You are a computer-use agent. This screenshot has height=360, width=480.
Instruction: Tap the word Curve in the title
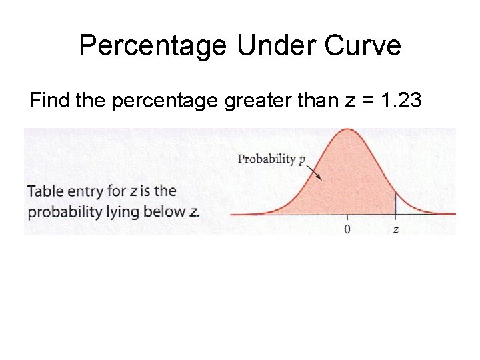click(365, 46)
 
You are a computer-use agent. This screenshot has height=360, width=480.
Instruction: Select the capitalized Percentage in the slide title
click(152, 46)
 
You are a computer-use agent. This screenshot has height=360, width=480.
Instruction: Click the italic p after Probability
click(302, 160)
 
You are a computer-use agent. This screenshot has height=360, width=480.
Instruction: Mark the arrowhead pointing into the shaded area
click(319, 177)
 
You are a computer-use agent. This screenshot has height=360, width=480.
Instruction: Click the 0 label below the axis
click(347, 229)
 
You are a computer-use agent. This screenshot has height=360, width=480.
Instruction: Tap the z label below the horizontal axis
click(396, 229)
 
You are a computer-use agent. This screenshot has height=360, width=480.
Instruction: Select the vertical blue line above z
click(396, 203)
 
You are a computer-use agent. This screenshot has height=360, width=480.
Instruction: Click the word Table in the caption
click(45, 192)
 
